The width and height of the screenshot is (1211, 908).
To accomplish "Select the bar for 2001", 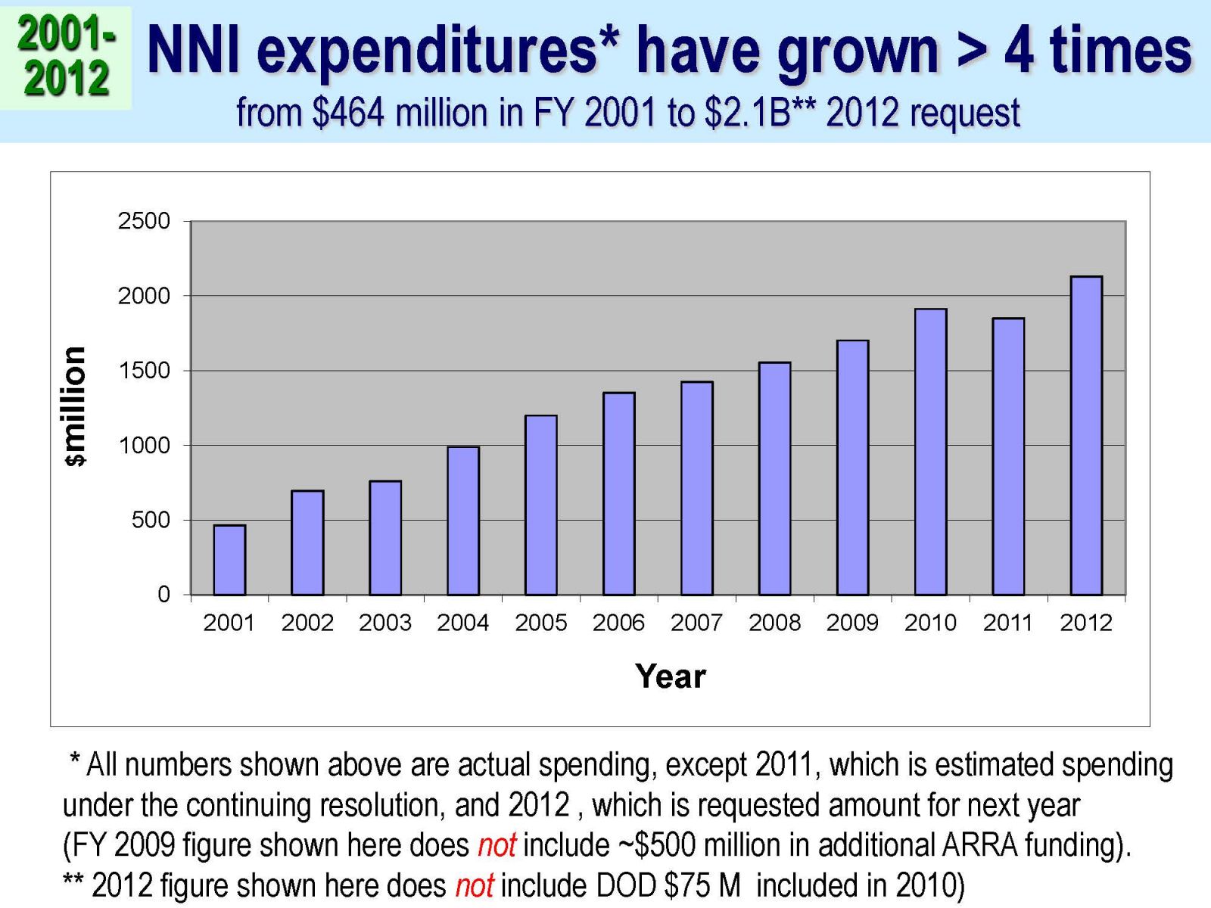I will [229, 560].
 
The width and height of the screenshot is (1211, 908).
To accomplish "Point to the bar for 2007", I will [696, 488].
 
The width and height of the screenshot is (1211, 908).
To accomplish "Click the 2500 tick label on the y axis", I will [144, 221].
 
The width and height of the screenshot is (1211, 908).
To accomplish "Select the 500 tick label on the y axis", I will [151, 520].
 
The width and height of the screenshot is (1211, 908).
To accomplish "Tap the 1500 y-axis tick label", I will [144, 371].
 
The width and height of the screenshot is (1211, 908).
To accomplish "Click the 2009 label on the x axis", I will [852, 623].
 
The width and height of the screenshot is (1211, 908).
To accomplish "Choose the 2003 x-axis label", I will [384, 623].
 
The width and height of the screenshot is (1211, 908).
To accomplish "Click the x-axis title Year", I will [671, 676].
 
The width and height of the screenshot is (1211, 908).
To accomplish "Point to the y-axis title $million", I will [74, 406].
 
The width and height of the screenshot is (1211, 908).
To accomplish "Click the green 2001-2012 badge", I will [66, 57].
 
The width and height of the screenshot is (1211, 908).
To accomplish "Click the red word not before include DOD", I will [474, 885].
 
